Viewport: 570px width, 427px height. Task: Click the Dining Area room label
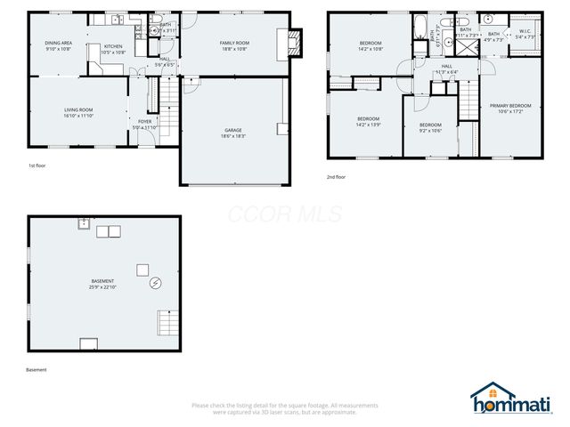(x=59, y=44)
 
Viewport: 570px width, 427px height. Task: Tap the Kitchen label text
(x=113, y=46)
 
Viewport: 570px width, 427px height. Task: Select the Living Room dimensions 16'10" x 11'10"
(x=78, y=116)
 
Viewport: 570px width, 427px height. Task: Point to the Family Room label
(x=234, y=43)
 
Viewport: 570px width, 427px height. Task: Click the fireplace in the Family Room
(x=294, y=39)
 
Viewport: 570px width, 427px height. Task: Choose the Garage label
(x=232, y=130)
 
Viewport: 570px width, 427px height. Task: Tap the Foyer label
(x=144, y=122)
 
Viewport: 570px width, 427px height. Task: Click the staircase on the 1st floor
(x=165, y=93)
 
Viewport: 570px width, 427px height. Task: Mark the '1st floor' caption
(x=37, y=166)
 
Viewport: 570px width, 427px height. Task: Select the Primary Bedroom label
(x=510, y=106)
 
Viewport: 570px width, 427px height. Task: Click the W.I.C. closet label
(x=525, y=32)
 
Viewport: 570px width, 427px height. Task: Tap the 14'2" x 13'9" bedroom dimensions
(x=369, y=125)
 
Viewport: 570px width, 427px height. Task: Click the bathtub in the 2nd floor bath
(x=419, y=26)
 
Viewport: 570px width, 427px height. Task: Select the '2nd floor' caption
(x=337, y=176)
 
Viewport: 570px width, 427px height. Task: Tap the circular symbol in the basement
(x=156, y=283)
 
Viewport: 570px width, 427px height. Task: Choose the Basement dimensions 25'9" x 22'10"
(x=102, y=287)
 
